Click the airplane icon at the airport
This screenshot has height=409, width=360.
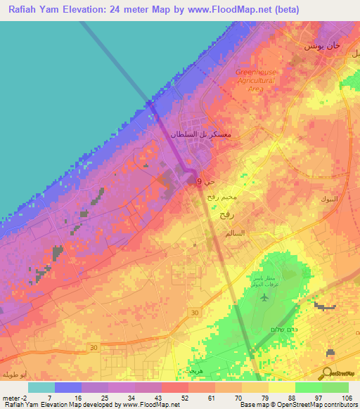[264, 297]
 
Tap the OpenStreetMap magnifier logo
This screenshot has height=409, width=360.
[328, 373]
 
